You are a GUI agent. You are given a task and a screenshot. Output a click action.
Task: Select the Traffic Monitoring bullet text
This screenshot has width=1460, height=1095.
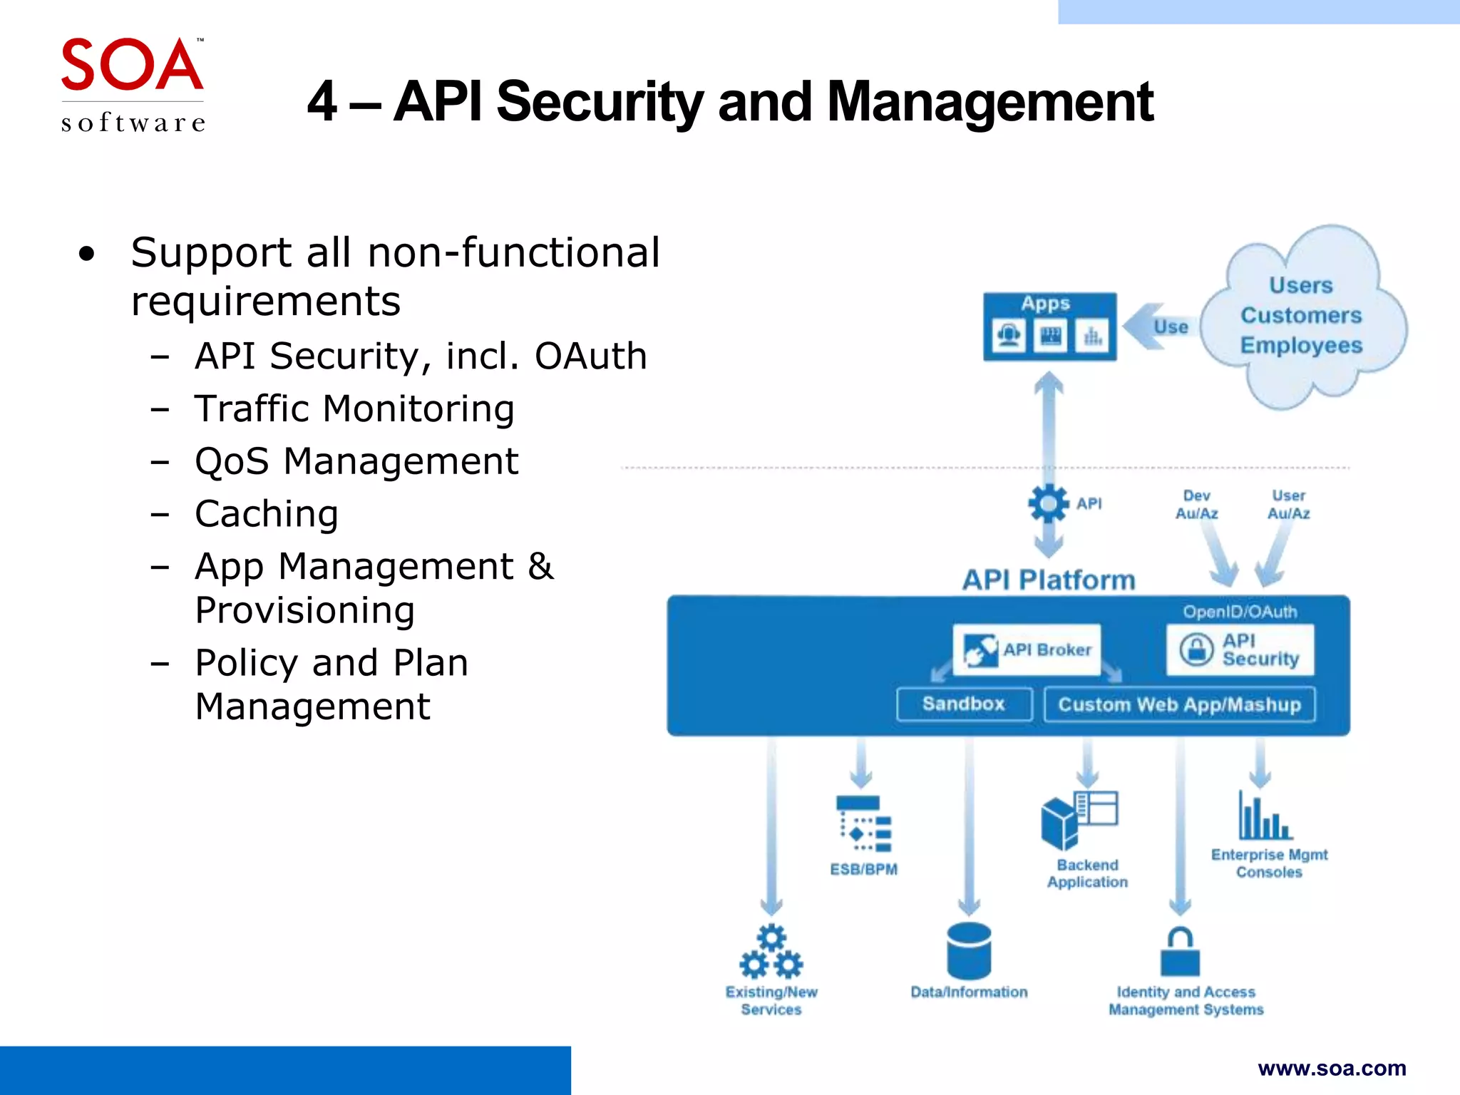pyautogui.click(x=354, y=409)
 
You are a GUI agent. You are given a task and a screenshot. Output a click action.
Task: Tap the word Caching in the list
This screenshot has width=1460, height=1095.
pyautogui.click(x=267, y=514)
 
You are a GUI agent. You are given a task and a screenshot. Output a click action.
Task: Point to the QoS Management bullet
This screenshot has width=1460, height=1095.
pyautogui.click(x=356, y=461)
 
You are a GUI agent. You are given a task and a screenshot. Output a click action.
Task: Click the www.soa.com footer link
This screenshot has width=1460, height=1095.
pyautogui.click(x=1332, y=1068)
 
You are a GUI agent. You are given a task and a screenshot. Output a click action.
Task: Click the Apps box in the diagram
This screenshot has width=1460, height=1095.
pyautogui.click(x=1049, y=326)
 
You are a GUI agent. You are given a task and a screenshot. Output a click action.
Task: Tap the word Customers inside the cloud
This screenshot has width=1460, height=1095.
pyautogui.click(x=1301, y=315)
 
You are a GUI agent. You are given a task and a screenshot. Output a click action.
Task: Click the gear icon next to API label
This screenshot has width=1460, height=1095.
pyautogui.click(x=1048, y=504)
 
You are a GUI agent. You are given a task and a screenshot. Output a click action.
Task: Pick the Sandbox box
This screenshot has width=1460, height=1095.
pyautogui.click(x=964, y=704)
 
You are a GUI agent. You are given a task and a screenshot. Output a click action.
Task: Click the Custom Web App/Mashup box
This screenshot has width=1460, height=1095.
pyautogui.click(x=1179, y=705)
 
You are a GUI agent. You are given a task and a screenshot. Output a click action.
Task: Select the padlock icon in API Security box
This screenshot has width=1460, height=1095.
pyautogui.click(x=1196, y=649)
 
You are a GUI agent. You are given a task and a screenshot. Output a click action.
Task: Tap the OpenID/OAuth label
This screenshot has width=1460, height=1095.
pyautogui.click(x=1240, y=612)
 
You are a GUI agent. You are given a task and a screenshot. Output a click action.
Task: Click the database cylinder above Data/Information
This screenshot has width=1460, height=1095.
pyautogui.click(x=969, y=951)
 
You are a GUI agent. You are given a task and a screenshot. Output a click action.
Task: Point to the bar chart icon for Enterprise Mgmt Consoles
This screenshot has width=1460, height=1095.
pyautogui.click(x=1265, y=817)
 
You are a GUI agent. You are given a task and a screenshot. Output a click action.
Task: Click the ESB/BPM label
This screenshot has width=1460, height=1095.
pyautogui.click(x=863, y=869)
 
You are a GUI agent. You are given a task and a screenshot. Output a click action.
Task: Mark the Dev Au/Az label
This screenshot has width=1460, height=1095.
pyautogui.click(x=1196, y=505)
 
